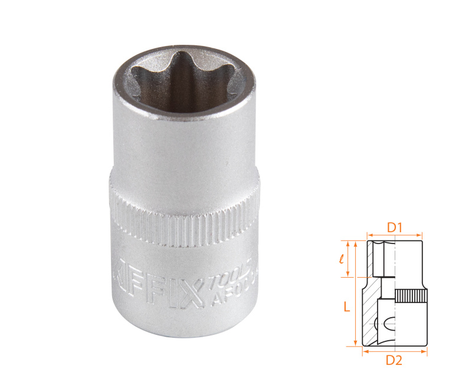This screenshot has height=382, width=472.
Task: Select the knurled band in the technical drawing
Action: coord(409,296)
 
